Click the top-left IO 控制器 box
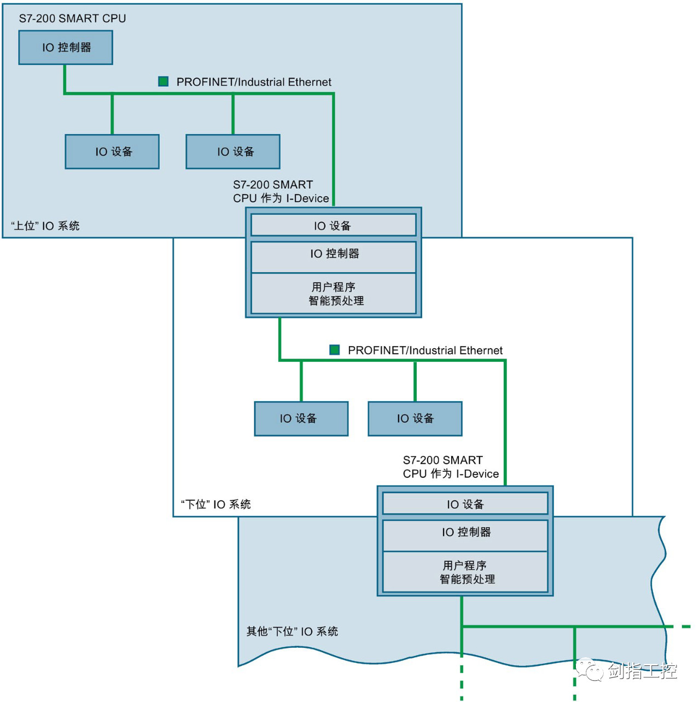(66, 48)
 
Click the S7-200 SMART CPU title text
(72, 19)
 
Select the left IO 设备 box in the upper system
(112, 151)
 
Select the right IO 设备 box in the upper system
(233, 151)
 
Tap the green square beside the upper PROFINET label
(163, 81)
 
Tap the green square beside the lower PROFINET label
(335, 349)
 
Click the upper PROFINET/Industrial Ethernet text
(254, 82)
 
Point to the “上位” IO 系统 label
(45, 226)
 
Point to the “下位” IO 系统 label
(216, 504)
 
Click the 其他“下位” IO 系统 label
(292, 631)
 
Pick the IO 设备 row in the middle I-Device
(333, 225)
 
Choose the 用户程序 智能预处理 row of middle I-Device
(333, 294)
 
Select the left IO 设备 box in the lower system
(301, 419)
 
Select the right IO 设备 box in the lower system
(415, 419)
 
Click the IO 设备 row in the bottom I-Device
(465, 504)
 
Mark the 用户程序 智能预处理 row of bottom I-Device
(465, 572)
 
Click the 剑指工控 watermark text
(642, 671)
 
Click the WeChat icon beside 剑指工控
(590, 669)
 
